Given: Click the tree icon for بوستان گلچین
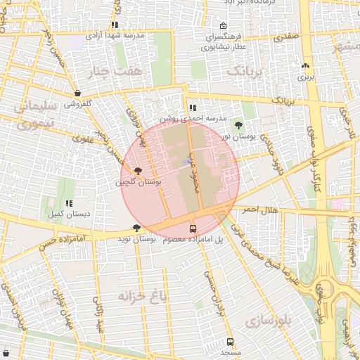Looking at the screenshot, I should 138,171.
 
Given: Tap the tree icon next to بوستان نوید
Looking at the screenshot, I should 136,228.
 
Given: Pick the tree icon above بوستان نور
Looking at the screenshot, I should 239,124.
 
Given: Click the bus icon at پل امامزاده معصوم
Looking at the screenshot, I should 193,229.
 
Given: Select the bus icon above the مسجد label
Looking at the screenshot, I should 230,342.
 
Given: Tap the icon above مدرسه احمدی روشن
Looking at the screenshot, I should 193,108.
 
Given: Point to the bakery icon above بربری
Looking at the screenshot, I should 305,65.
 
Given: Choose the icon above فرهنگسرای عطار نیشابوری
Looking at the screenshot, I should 223,26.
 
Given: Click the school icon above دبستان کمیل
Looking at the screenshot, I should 68,203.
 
